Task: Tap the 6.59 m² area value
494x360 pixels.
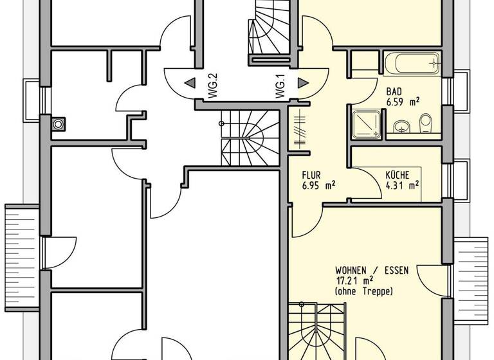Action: click(x=403, y=102)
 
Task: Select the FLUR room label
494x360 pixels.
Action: click(x=311, y=174)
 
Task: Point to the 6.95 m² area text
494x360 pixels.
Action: click(x=318, y=185)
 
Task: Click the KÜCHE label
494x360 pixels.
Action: click(x=398, y=174)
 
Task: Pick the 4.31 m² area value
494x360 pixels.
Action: click(x=402, y=185)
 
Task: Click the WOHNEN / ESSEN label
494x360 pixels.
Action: click(x=372, y=270)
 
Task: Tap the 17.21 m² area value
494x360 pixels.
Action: click(x=354, y=281)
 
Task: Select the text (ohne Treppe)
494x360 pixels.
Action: click(x=363, y=292)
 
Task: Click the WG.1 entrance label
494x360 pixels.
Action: click(x=280, y=87)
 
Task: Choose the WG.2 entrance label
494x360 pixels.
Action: click(x=214, y=87)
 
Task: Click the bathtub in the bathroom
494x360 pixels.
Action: click(x=412, y=64)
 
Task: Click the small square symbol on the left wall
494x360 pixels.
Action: click(x=59, y=123)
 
